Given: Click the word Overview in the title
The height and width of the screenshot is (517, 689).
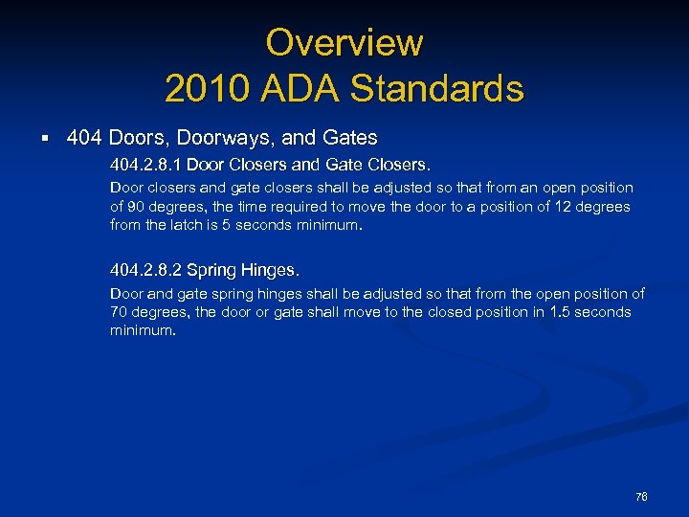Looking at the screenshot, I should tap(344, 42).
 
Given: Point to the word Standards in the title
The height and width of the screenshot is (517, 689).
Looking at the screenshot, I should tap(436, 89).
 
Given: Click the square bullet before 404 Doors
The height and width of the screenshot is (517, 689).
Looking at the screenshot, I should tap(46, 139).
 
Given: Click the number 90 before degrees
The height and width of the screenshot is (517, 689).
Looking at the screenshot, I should tap(137, 207).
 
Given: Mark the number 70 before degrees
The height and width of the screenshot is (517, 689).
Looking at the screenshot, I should tap(120, 312).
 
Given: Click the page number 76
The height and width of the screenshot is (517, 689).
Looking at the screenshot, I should tap(641, 497).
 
